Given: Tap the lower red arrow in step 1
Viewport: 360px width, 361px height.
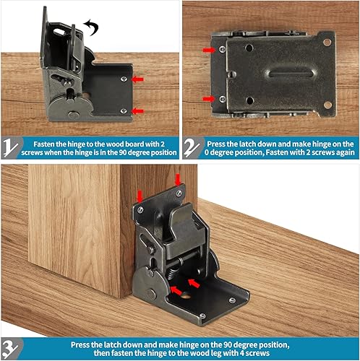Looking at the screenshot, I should coord(138,110).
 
